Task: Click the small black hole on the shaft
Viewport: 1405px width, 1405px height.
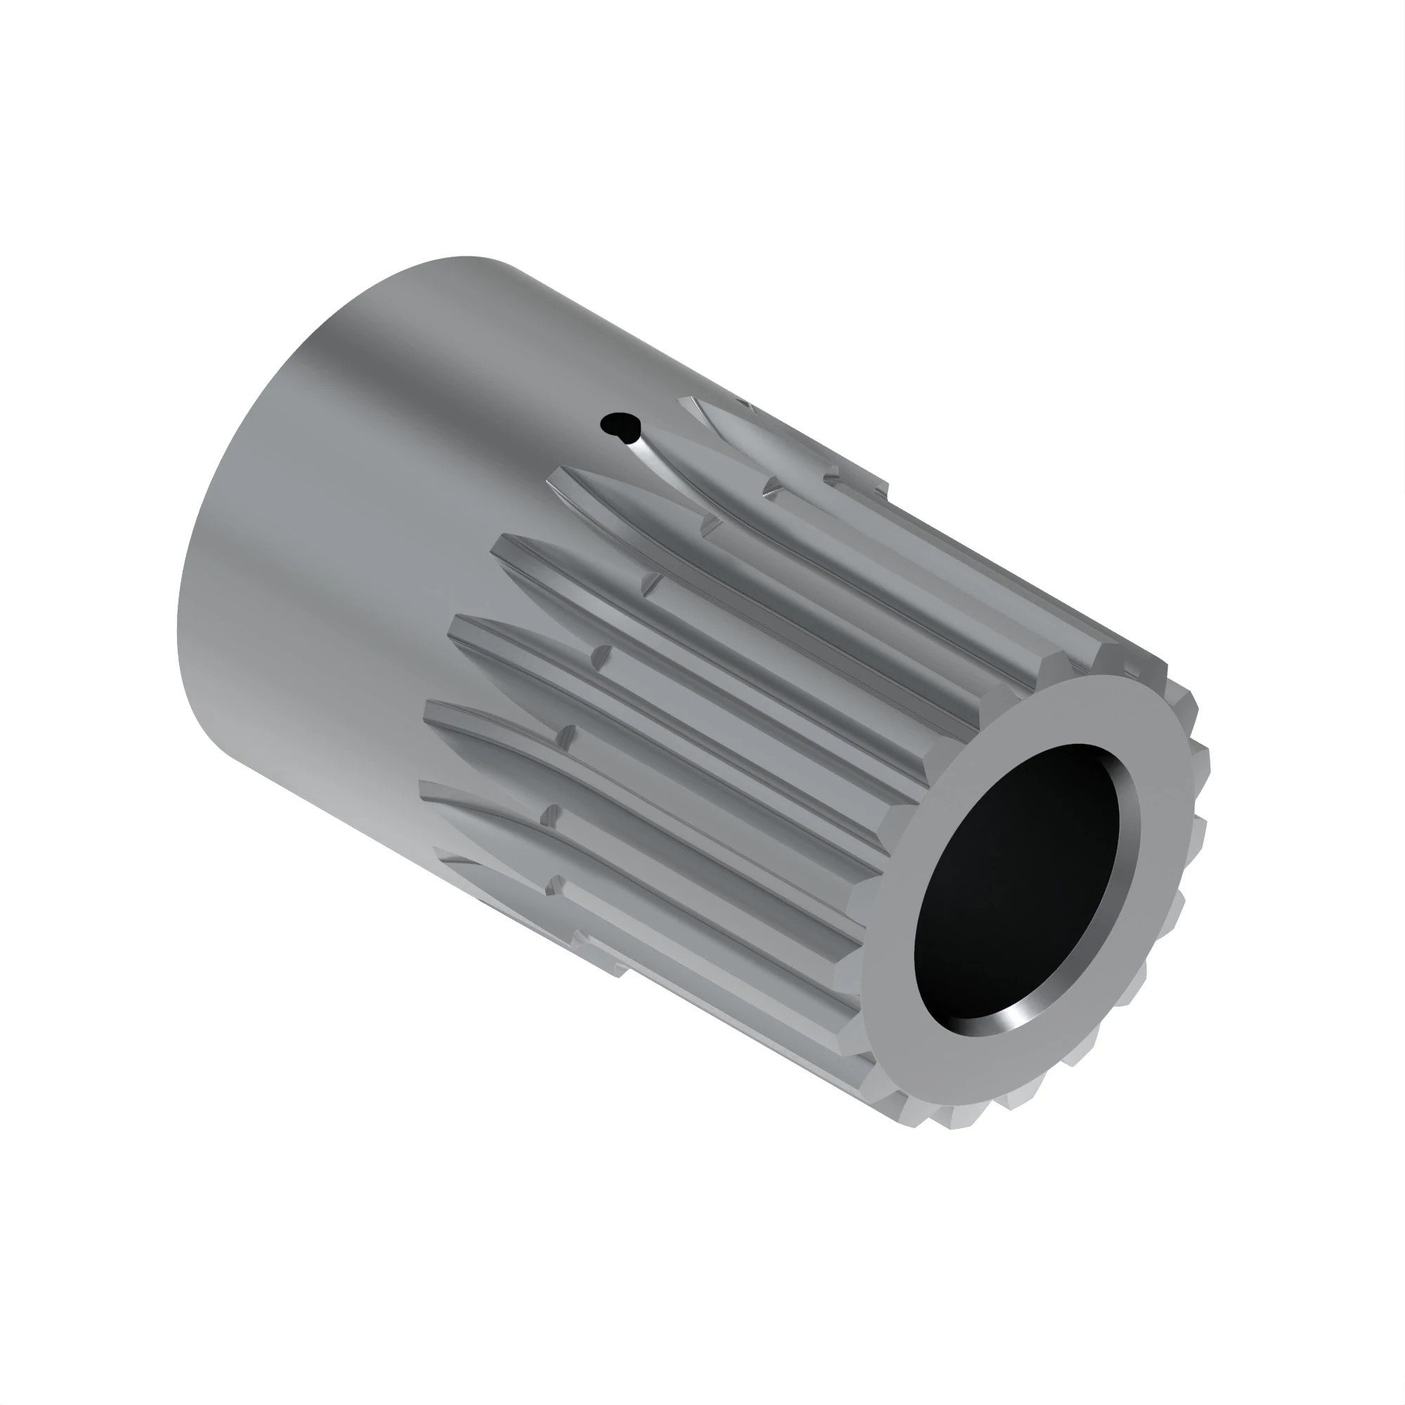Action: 619,425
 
